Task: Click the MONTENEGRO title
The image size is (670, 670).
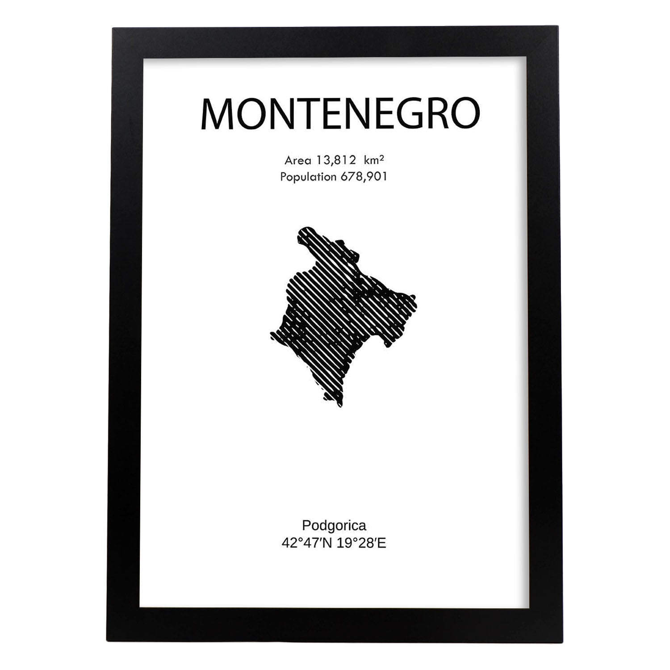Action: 340,114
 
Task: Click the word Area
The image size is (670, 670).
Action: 297,160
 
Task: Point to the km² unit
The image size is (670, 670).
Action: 374,160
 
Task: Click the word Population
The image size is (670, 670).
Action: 308,177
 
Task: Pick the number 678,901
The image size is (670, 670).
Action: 364,177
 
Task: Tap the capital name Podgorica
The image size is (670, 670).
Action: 334,525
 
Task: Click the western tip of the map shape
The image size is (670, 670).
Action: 271,334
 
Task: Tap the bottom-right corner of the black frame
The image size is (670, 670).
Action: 563,642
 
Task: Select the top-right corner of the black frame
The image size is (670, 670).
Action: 557,28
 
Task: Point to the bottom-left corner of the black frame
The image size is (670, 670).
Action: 107,641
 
